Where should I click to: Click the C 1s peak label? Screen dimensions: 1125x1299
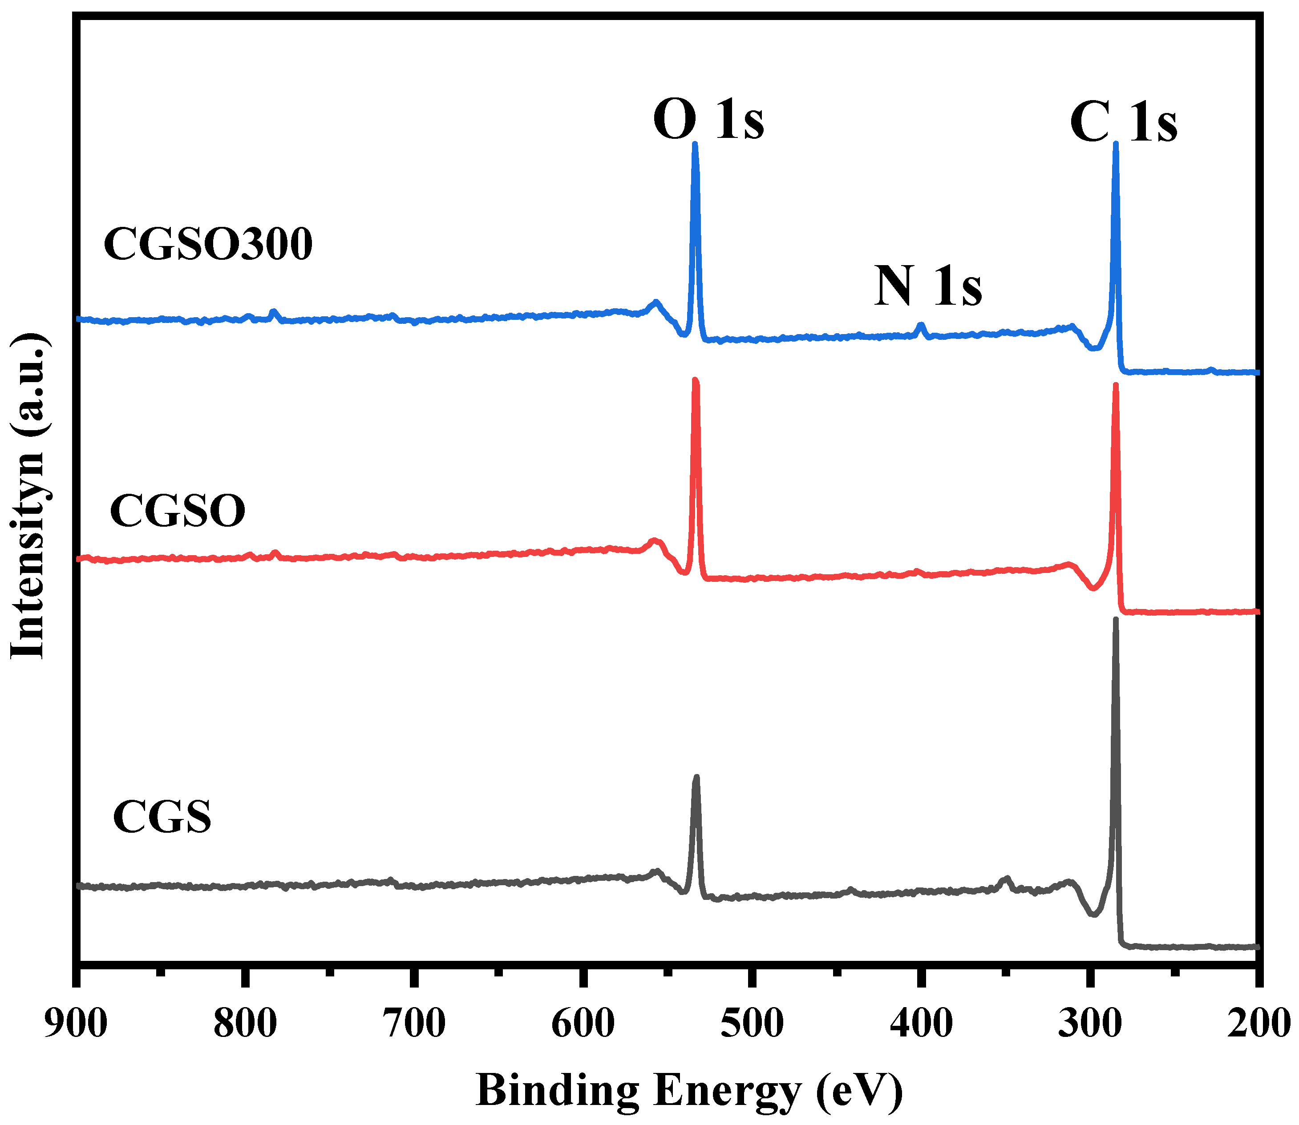coord(1123,122)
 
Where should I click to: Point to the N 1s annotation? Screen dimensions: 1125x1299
coord(928,286)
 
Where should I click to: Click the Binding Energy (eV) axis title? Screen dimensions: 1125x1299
coord(689,1091)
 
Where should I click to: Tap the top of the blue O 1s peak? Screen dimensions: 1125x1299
coord(695,145)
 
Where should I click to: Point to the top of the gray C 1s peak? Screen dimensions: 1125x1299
coord(1116,620)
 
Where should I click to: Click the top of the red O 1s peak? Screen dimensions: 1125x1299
coord(695,380)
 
